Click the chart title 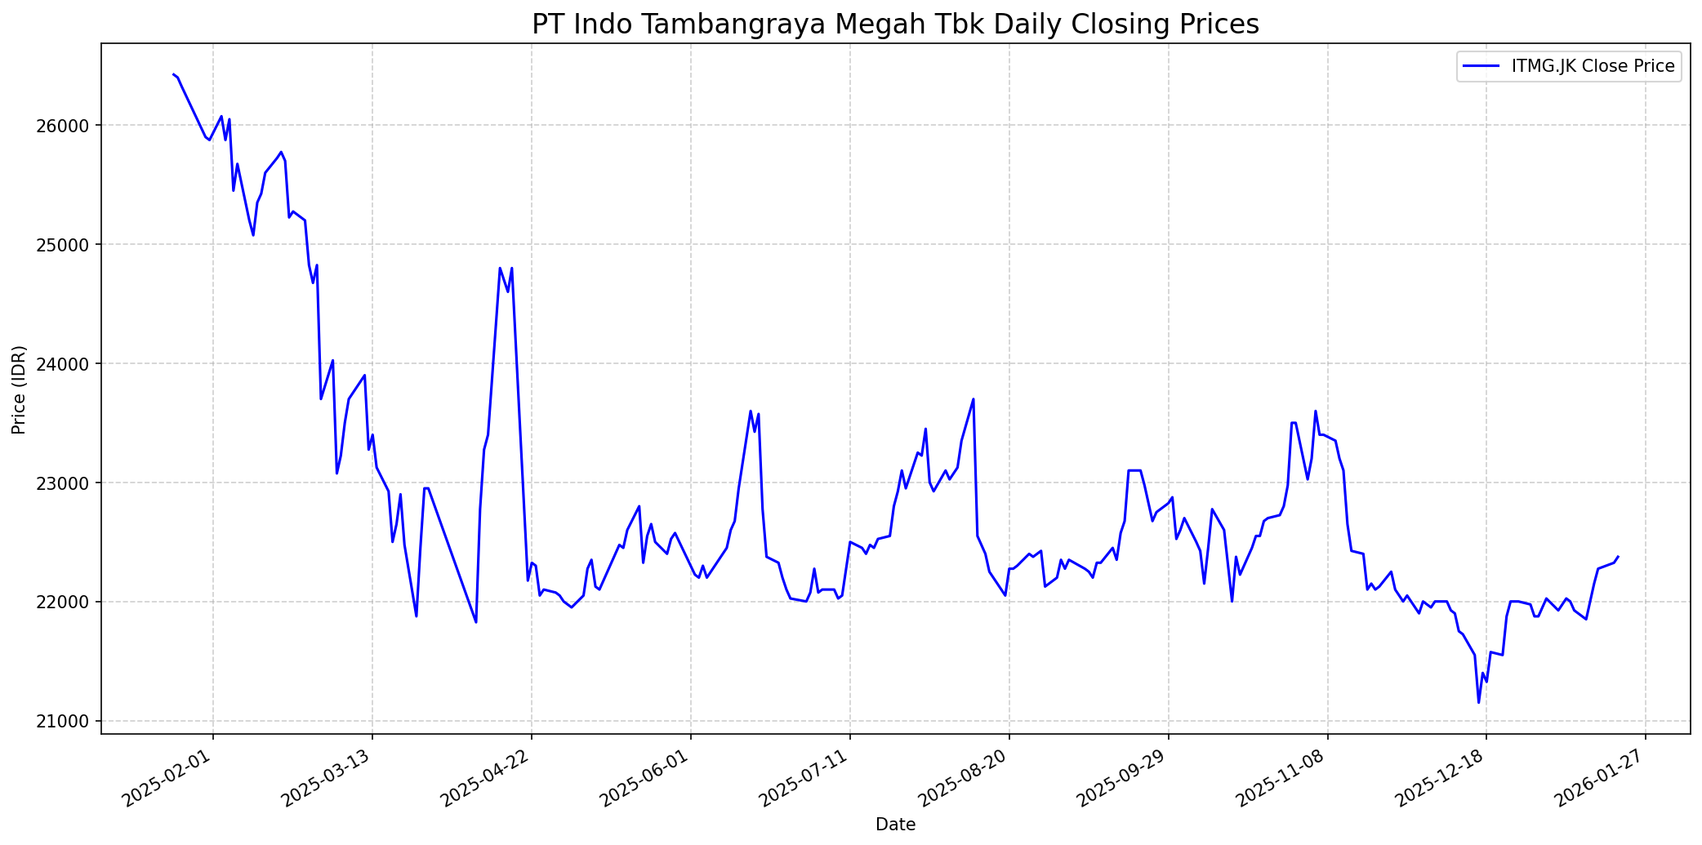pyautogui.click(x=895, y=24)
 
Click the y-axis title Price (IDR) pyautogui.click(x=20, y=389)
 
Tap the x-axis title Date pyautogui.click(x=895, y=825)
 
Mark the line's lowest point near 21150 pyautogui.click(x=1478, y=702)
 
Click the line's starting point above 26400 pyautogui.click(x=173, y=74)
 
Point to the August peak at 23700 pyautogui.click(x=974, y=399)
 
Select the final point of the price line pyautogui.click(x=1618, y=557)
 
